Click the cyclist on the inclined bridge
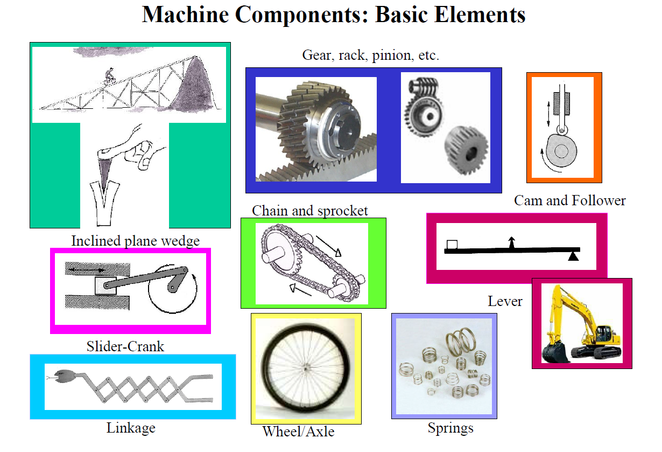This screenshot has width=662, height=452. (110, 75)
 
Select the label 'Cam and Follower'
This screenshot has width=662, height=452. (569, 201)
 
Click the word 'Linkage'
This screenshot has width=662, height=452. (131, 428)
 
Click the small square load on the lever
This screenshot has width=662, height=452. (452, 245)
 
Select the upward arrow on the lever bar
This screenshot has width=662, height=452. (511, 242)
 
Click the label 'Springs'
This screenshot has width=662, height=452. (450, 429)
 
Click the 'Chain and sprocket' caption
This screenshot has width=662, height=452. (309, 211)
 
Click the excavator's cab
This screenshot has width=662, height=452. (602, 329)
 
